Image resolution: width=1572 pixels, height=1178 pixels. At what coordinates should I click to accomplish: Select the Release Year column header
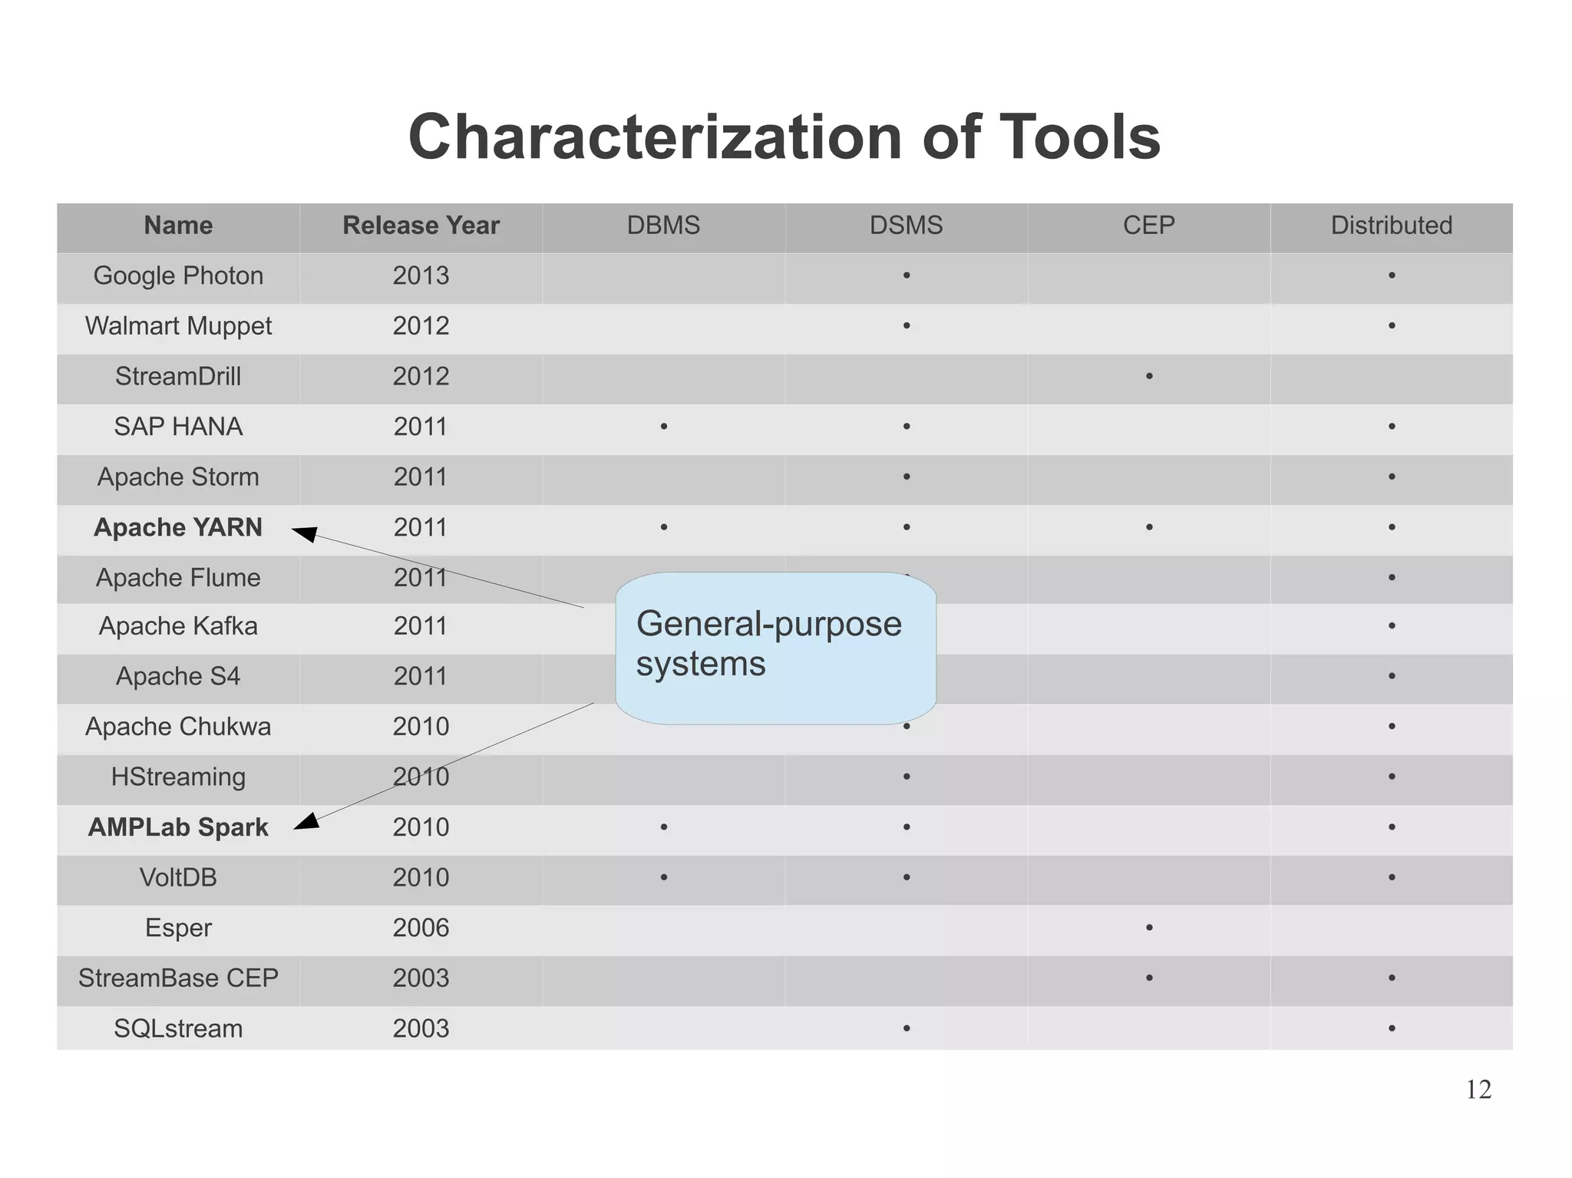pyautogui.click(x=421, y=226)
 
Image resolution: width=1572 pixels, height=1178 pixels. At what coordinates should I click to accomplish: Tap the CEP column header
pyautogui.click(x=1148, y=226)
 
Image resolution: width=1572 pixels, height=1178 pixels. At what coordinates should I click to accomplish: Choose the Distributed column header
pyautogui.click(x=1391, y=226)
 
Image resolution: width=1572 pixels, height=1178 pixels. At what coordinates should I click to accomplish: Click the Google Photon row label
pyautogui.click(x=178, y=276)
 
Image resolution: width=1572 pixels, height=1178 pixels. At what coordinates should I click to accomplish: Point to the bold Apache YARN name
pyautogui.click(x=178, y=527)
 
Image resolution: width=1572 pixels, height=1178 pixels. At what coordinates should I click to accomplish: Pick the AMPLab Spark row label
pyautogui.click(x=178, y=827)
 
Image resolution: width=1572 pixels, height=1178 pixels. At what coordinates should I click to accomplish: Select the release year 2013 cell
pyautogui.click(x=421, y=276)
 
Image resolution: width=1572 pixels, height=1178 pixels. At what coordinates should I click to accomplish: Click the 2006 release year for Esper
pyautogui.click(x=421, y=928)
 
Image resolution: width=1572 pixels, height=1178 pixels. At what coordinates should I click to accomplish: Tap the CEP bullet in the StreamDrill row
pyautogui.click(x=1149, y=376)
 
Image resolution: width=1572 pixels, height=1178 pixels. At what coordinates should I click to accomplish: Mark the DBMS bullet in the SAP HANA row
pyautogui.click(x=664, y=427)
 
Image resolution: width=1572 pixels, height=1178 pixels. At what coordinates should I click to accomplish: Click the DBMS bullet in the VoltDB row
pyautogui.click(x=664, y=877)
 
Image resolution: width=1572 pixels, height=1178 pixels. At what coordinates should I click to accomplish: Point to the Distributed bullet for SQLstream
pyautogui.click(x=1392, y=1028)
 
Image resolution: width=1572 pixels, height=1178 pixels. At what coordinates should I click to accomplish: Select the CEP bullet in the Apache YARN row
pyautogui.click(x=1149, y=527)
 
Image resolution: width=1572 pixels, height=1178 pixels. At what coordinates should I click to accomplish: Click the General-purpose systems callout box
pyautogui.click(x=775, y=648)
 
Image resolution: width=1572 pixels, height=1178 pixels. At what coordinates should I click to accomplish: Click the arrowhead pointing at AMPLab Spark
pyautogui.click(x=306, y=822)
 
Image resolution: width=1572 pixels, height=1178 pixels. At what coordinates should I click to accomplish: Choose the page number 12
pyautogui.click(x=1478, y=1090)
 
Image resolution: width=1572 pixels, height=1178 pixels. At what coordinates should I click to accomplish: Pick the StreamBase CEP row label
pyautogui.click(x=178, y=978)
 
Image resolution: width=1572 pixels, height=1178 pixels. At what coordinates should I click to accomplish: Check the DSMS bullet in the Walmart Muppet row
pyautogui.click(x=907, y=326)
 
